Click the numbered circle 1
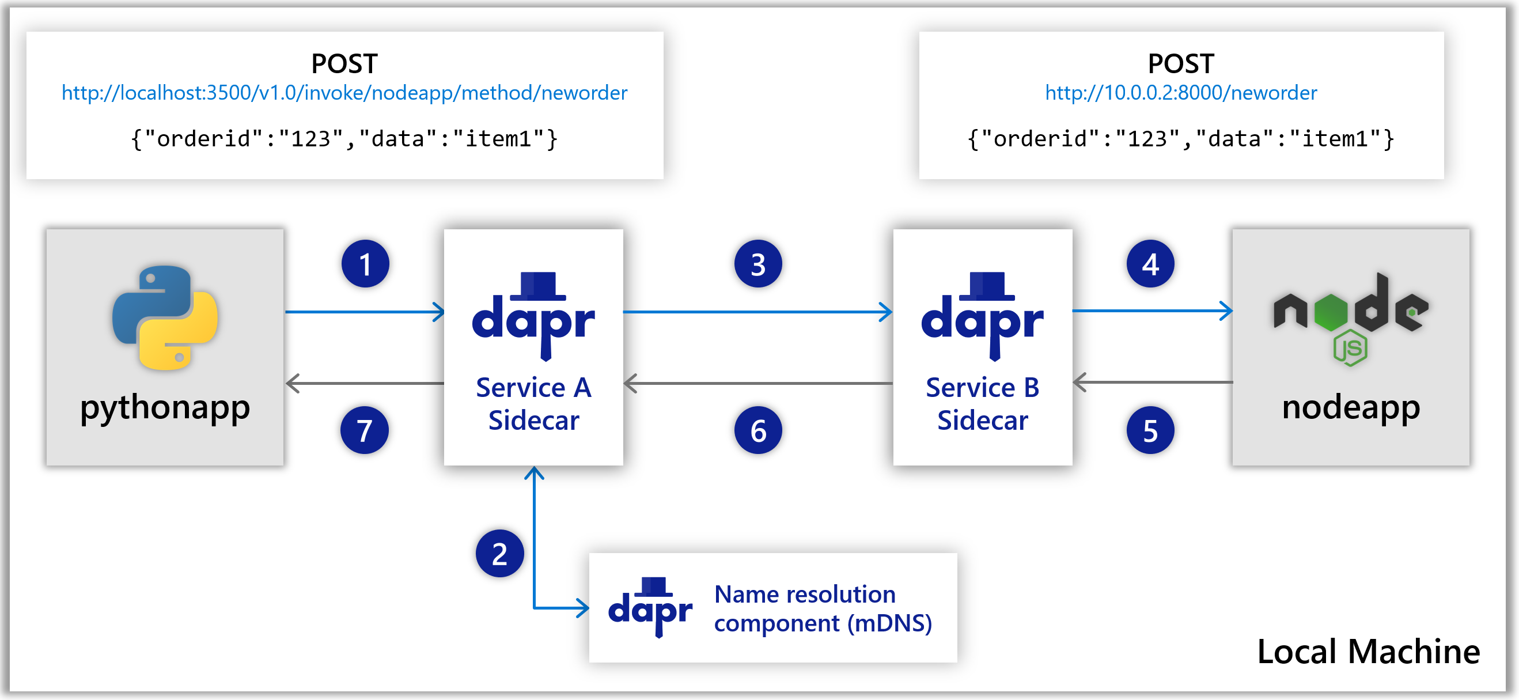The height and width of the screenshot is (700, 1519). (x=365, y=264)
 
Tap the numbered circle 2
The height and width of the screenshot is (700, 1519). (x=499, y=553)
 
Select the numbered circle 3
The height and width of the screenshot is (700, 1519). (x=757, y=264)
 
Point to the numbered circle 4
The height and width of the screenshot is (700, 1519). (x=1150, y=264)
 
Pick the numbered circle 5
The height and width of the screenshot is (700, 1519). (x=1150, y=430)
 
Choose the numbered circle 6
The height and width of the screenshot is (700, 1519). (x=757, y=430)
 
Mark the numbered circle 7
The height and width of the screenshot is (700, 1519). (x=365, y=430)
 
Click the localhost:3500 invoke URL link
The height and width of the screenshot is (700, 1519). (x=344, y=93)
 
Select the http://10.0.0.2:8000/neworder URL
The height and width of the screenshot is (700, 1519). (x=1180, y=93)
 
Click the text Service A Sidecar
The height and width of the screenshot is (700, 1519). (x=533, y=404)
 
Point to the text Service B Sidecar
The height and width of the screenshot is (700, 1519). (x=982, y=404)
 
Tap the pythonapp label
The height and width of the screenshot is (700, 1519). (x=165, y=407)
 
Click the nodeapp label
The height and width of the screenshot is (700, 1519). (x=1350, y=407)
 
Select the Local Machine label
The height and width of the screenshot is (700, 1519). (x=1368, y=651)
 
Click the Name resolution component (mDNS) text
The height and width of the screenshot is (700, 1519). (x=823, y=608)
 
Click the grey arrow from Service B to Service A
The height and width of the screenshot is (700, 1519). (x=757, y=383)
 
